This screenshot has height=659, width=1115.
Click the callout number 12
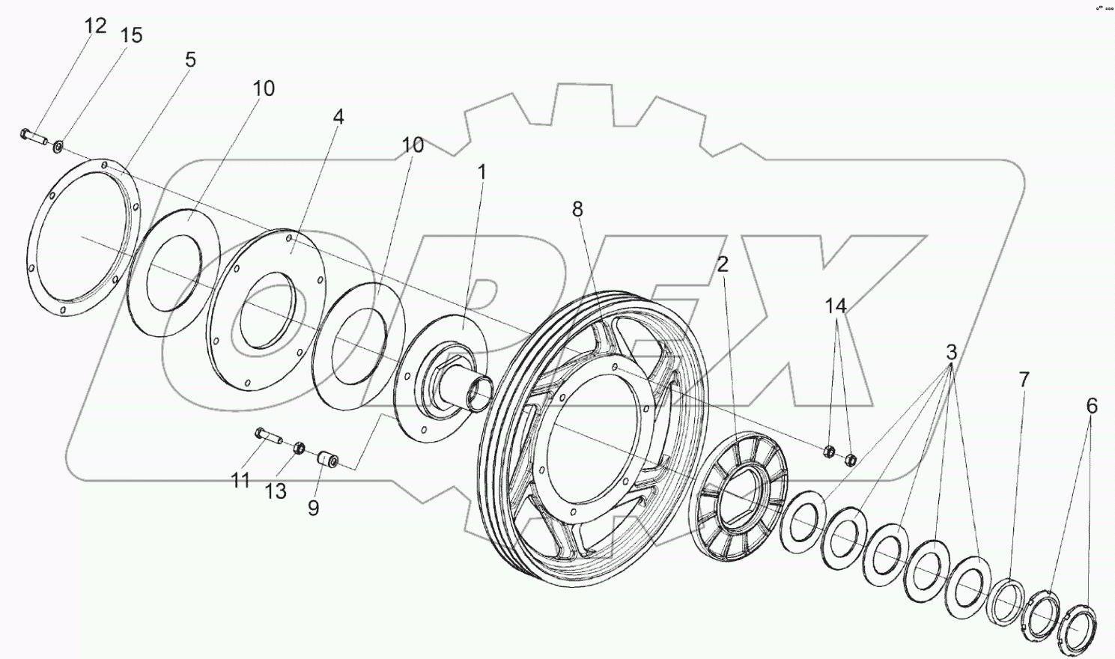pyautogui.click(x=95, y=26)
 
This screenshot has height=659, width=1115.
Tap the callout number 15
pyautogui.click(x=131, y=35)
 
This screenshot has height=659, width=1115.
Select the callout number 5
pyautogui.click(x=190, y=60)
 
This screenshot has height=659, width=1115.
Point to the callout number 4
pyautogui.click(x=338, y=117)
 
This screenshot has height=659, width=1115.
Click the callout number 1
pyautogui.click(x=482, y=172)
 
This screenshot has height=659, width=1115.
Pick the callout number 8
pyautogui.click(x=577, y=210)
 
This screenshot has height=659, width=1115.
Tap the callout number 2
pyautogui.click(x=722, y=264)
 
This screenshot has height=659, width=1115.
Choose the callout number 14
pyautogui.click(x=836, y=306)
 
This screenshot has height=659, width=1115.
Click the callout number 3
pyautogui.click(x=951, y=352)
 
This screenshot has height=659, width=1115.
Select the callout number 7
pyautogui.click(x=1024, y=380)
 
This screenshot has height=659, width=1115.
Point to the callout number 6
pyautogui.click(x=1092, y=407)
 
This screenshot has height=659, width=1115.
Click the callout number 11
pyautogui.click(x=240, y=481)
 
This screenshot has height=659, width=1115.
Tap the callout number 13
pyautogui.click(x=276, y=491)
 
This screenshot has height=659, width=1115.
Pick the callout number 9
pyautogui.click(x=313, y=508)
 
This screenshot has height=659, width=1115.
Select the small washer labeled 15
pyautogui.click(x=58, y=145)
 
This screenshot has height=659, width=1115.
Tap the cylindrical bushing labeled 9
pyautogui.click(x=329, y=458)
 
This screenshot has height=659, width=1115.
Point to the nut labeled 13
pyautogui.click(x=298, y=448)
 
